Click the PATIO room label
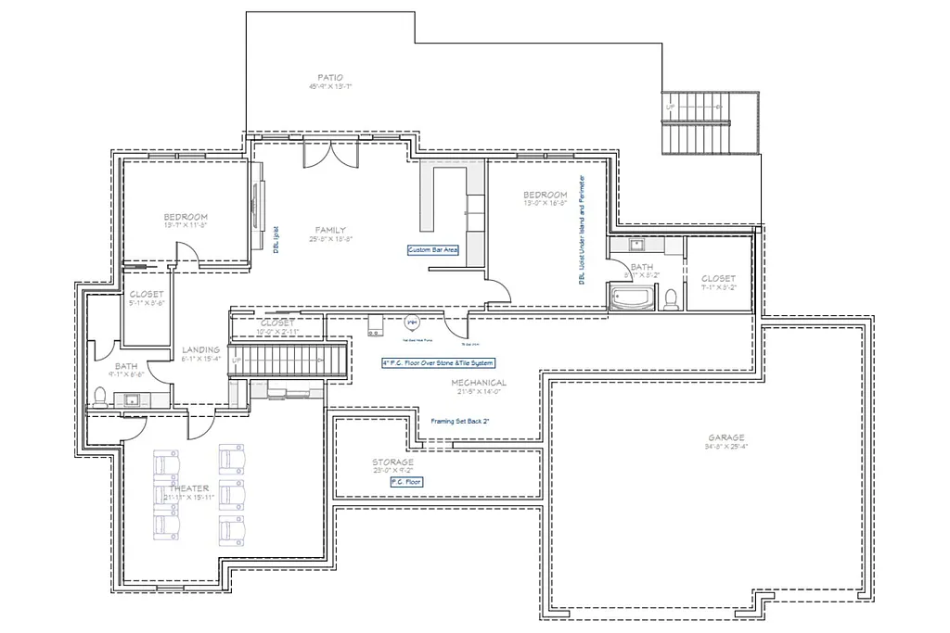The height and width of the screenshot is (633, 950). click(x=330, y=77)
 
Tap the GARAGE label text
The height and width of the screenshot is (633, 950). click(x=725, y=438)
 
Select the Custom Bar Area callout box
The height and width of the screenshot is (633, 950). click(x=433, y=250)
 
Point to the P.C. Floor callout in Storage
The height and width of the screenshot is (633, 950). click(x=406, y=483)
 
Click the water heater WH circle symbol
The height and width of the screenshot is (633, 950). click(x=412, y=322)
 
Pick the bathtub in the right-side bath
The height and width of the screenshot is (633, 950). click(x=632, y=298)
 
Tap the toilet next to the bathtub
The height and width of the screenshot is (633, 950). click(x=670, y=298)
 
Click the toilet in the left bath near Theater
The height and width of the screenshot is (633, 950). click(x=99, y=396)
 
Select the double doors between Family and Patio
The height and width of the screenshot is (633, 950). click(x=329, y=155)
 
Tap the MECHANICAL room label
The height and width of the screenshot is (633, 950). click(x=479, y=383)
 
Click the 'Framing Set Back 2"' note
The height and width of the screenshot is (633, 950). click(x=460, y=420)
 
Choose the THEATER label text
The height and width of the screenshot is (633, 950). click(x=188, y=488)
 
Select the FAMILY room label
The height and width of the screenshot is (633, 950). click(x=331, y=229)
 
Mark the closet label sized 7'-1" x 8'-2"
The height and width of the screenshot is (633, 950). click(x=718, y=278)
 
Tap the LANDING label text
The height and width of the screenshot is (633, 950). click(x=200, y=349)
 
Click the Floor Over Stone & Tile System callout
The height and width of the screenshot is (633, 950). click(x=438, y=363)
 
